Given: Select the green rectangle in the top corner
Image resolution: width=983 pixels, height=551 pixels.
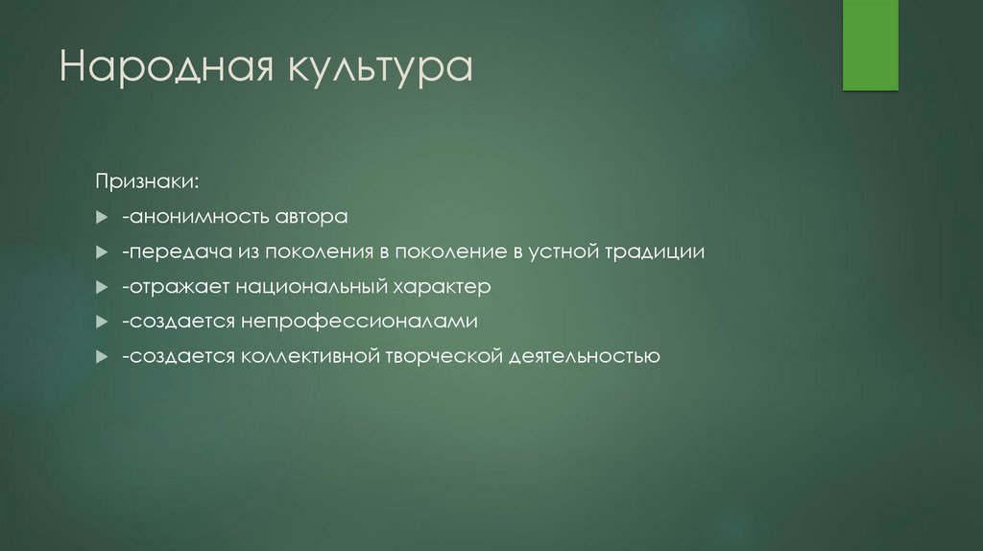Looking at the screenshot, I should coord(870,45).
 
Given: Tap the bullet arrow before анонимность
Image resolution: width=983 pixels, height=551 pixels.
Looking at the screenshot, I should coord(102,218).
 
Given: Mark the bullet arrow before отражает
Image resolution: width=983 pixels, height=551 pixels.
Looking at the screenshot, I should coord(102,287).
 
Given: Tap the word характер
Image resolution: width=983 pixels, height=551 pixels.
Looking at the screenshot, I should coord(443,287).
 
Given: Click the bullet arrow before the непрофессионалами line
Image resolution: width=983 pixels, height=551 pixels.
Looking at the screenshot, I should coord(102,323).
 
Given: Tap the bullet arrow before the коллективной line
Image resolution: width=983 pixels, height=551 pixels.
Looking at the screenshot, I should coord(102,357).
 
